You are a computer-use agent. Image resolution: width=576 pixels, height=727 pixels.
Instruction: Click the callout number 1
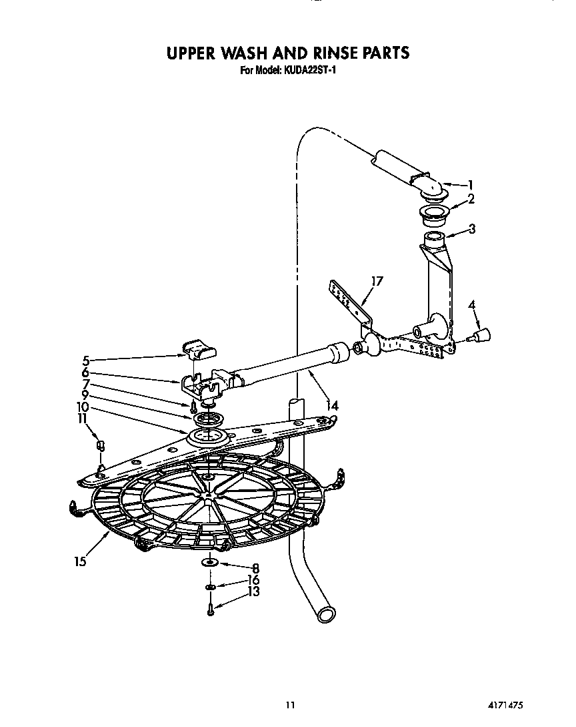(x=470, y=185)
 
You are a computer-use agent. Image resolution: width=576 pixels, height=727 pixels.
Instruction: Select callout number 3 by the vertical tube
(x=472, y=230)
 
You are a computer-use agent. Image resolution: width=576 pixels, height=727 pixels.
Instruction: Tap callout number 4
(x=472, y=305)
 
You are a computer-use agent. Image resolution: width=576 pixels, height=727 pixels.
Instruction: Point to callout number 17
(x=377, y=282)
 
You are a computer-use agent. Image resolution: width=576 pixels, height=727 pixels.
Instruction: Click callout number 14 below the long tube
(x=331, y=405)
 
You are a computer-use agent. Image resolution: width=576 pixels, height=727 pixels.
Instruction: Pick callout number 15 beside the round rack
(x=80, y=561)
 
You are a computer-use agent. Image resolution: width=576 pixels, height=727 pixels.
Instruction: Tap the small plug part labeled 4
(x=480, y=334)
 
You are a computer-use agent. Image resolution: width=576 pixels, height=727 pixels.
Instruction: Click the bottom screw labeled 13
(x=210, y=610)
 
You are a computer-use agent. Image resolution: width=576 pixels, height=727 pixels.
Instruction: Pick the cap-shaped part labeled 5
(x=199, y=347)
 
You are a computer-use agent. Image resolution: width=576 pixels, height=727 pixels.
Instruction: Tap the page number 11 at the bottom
(x=289, y=704)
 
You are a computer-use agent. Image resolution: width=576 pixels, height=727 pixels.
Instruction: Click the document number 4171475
(x=514, y=704)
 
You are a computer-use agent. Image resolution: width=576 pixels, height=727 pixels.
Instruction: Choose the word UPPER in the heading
(x=197, y=53)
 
